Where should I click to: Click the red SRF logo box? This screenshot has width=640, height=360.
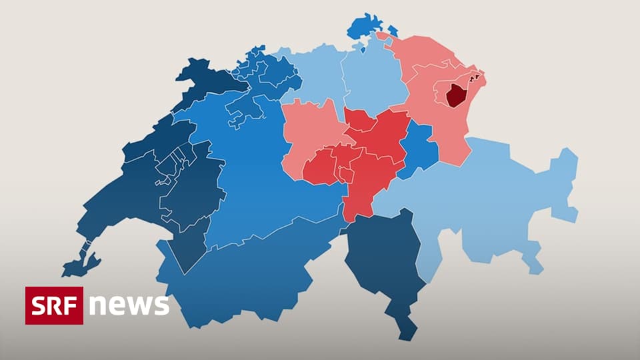[54, 305]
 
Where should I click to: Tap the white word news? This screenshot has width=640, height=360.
[129, 305]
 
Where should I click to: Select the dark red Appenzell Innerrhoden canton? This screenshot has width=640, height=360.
[455, 96]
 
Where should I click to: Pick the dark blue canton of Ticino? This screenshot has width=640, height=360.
[383, 260]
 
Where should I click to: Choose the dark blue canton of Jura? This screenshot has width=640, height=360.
[200, 80]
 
